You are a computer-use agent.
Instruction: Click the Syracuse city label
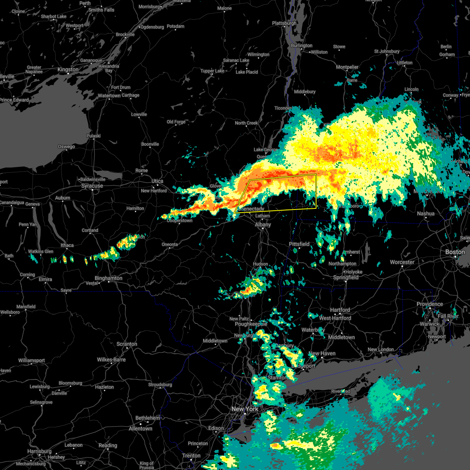click(x=92, y=186)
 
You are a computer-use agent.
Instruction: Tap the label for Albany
click(x=263, y=224)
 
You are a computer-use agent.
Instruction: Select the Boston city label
click(x=455, y=252)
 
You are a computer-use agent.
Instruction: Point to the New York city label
click(x=245, y=409)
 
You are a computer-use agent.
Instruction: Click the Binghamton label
click(x=108, y=278)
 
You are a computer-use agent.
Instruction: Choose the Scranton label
click(x=127, y=344)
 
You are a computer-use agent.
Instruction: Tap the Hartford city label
click(x=340, y=310)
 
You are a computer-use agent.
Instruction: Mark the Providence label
click(x=430, y=304)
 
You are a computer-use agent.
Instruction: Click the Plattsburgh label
click(x=284, y=23)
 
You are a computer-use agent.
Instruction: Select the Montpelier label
click(x=347, y=67)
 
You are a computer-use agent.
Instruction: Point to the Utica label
click(x=157, y=181)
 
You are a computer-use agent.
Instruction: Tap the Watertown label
click(x=109, y=96)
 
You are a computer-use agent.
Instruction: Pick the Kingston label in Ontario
click(x=68, y=69)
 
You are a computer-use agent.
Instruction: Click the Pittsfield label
click(x=299, y=244)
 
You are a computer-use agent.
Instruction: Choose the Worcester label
click(x=402, y=262)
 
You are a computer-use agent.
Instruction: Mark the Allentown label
click(x=141, y=428)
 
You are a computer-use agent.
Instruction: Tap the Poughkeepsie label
click(x=251, y=324)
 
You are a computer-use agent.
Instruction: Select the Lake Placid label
click(x=247, y=72)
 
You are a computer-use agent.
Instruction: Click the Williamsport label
click(x=32, y=360)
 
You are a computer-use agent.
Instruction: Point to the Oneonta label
click(x=170, y=244)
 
